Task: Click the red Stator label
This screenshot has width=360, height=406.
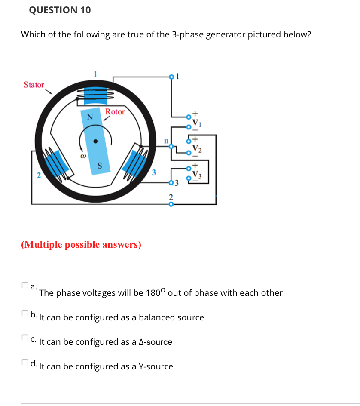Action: pyautogui.click(x=34, y=85)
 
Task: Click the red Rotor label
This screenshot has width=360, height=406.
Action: pyautogui.click(x=115, y=112)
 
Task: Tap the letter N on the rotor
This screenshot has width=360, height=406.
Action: pyautogui.click(x=90, y=117)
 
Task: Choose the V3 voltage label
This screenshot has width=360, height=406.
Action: pyautogui.click(x=196, y=173)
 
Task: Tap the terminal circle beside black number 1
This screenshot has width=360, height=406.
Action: pyautogui.click(x=171, y=77)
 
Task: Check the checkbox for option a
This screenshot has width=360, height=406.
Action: pyautogui.click(x=24, y=285)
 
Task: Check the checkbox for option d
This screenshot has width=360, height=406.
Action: pyautogui.click(x=24, y=362)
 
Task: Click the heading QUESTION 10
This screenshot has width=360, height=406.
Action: pyautogui.click(x=60, y=10)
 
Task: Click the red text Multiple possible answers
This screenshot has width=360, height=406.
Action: pyautogui.click(x=81, y=245)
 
